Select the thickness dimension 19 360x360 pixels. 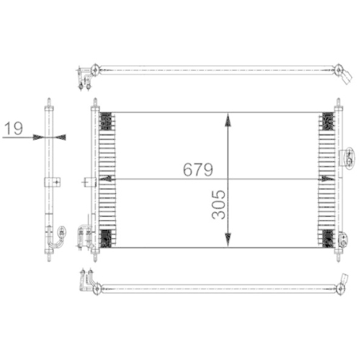[x=12, y=130]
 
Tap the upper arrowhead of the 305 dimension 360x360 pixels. [x=228, y=120]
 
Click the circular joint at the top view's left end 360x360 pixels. [x=95, y=70]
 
